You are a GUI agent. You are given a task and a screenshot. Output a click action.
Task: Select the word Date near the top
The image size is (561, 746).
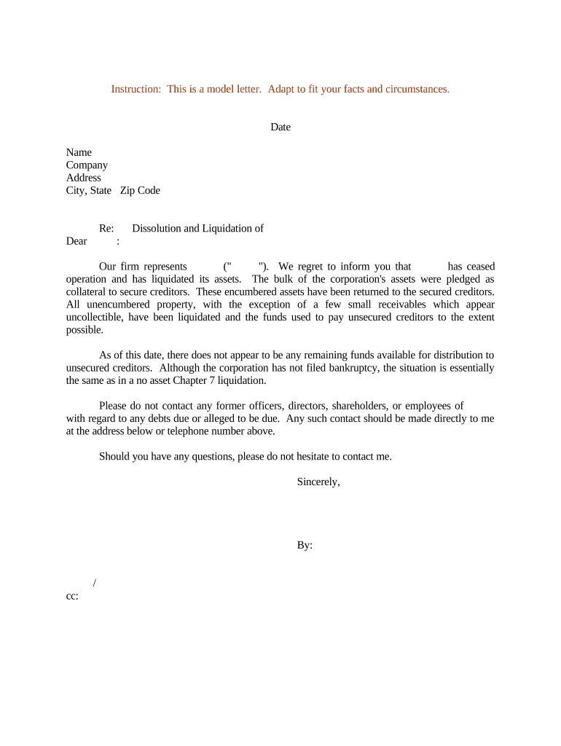[x=280, y=127]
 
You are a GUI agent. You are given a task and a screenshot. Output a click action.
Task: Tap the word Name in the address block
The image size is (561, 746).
[x=79, y=152]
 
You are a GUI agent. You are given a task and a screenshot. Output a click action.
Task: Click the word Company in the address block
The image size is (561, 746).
[x=87, y=165]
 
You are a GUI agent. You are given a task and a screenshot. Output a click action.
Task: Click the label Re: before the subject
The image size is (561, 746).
[x=106, y=229]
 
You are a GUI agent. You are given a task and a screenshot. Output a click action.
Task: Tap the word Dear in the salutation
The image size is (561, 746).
[x=76, y=241]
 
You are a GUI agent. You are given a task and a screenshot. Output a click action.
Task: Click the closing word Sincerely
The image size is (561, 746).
[x=318, y=482]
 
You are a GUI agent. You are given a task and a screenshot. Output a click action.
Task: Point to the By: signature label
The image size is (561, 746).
[x=305, y=545]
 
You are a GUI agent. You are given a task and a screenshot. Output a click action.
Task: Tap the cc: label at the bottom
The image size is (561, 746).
[x=72, y=596]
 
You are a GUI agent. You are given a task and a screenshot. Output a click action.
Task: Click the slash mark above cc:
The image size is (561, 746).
[x=95, y=583]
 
